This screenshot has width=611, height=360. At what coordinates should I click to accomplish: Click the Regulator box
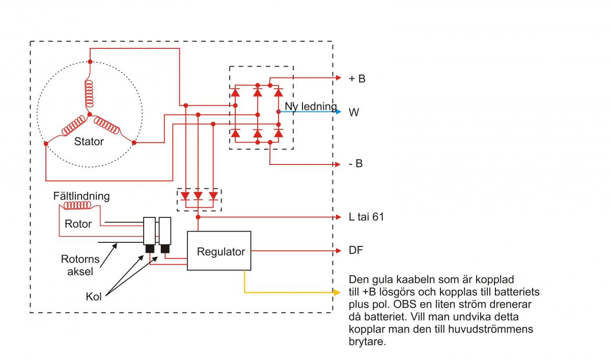pyautogui.click(x=219, y=251)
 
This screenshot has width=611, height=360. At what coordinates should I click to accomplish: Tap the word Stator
pyautogui.click(x=89, y=141)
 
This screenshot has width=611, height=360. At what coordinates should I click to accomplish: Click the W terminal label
pyautogui.click(x=354, y=112)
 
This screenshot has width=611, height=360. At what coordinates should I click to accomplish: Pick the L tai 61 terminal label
pyautogui.click(x=366, y=217)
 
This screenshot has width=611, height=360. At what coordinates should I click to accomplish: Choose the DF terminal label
pyautogui.click(x=355, y=251)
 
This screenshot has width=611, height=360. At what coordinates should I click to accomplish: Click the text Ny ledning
pyautogui.click(x=311, y=107)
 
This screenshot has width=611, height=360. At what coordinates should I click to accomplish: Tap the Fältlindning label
pyautogui.click(x=81, y=196)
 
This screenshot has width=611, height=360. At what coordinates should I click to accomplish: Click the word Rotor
pyautogui.click(x=78, y=224)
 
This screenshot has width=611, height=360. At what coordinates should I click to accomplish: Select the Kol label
pyautogui.click(x=94, y=296)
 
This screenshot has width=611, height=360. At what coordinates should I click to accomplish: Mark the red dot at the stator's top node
pyautogui.click(x=90, y=62)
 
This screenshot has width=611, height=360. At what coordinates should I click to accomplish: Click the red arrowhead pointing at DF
pyautogui.click(x=337, y=251)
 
